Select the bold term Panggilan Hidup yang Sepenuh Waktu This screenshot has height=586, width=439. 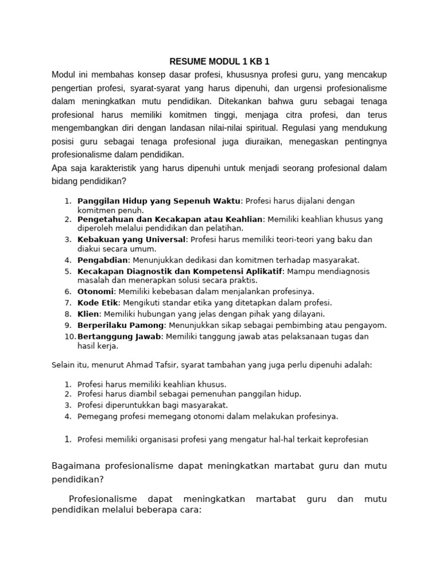(159, 201)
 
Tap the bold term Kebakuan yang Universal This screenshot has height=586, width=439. (131, 239)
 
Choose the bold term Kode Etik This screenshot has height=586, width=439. (97, 302)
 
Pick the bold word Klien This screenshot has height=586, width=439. (89, 314)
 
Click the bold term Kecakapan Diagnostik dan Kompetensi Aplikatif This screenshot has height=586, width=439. (180, 271)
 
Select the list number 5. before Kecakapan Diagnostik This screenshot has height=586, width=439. (68, 271)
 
